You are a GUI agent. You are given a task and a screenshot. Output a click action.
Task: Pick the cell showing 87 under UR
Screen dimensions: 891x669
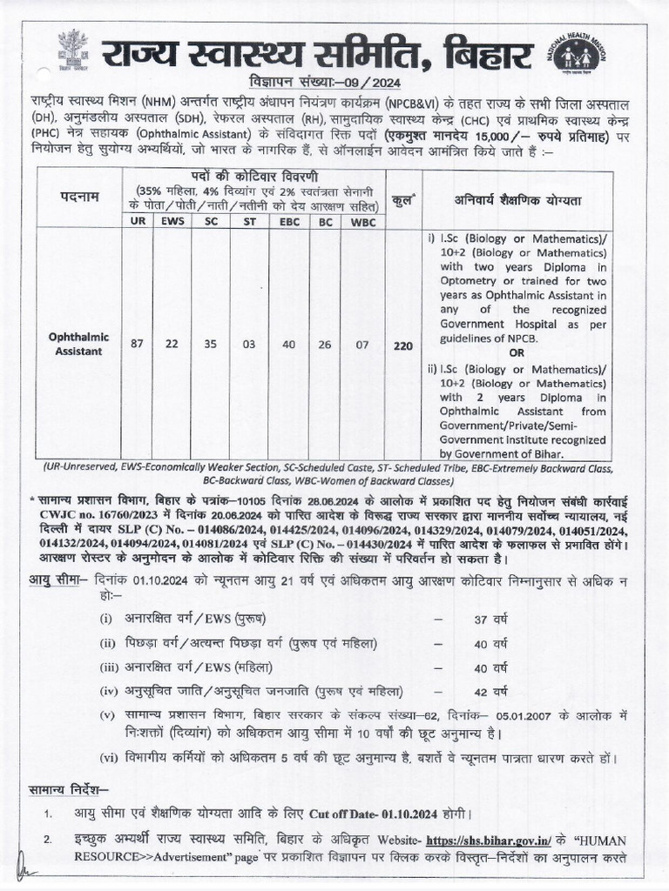point(138,344)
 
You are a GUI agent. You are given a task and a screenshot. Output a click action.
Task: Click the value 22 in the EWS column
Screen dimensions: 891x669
point(172,344)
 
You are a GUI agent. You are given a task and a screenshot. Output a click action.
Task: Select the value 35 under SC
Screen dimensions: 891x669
point(211,344)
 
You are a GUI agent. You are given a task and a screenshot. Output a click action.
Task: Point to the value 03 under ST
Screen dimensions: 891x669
point(249,344)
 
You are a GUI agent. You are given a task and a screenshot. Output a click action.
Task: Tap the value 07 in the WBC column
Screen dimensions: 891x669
point(358,344)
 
